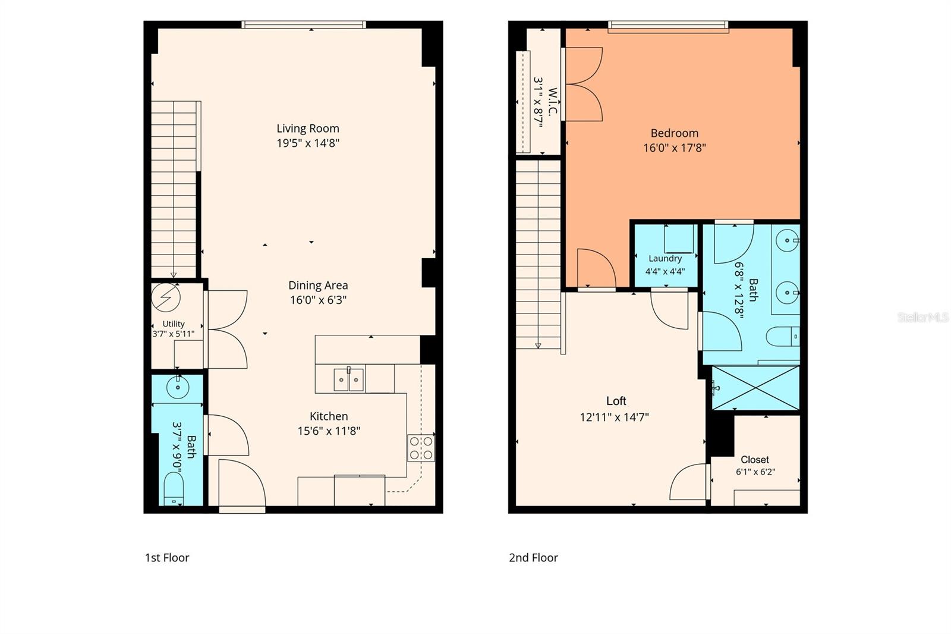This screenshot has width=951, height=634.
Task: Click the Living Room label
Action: click(308, 128)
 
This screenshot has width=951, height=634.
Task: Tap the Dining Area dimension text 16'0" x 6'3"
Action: click(318, 300)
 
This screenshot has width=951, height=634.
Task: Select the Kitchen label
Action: click(329, 416)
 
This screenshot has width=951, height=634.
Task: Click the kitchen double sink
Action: click(348, 379)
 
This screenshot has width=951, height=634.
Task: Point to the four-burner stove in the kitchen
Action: click(421, 448)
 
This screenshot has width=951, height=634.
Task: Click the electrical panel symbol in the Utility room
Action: click(166, 297)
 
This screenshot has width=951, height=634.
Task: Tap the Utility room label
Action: click(173, 324)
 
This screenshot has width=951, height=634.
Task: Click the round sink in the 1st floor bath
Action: click(178, 387)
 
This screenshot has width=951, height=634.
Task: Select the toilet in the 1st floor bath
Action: click(173, 489)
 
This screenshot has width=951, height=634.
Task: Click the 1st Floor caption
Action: click(167, 557)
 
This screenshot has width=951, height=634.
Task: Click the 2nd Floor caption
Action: click(533, 557)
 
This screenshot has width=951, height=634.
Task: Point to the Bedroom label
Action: click(674, 133)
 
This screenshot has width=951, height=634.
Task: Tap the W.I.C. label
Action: click(552, 102)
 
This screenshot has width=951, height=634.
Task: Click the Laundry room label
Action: click(665, 258)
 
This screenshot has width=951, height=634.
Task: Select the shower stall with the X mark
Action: click(755, 388)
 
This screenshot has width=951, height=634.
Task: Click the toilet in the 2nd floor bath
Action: click(783, 337)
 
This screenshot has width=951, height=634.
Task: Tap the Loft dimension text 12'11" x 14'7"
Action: click(615, 418)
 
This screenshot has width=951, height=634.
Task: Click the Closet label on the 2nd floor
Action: click(755, 459)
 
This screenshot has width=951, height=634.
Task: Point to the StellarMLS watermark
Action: click(922, 317)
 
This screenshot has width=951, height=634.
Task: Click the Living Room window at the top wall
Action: click(304, 24)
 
